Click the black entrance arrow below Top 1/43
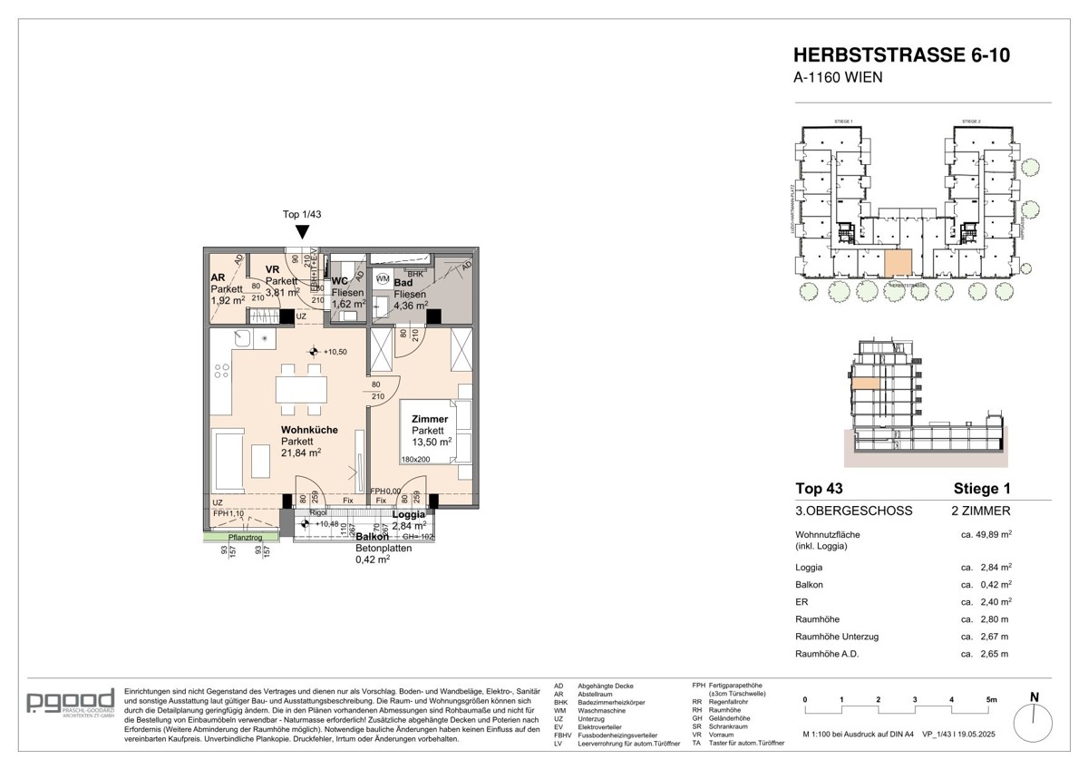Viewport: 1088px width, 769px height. (301, 231)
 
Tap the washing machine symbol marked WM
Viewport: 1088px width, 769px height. (383, 277)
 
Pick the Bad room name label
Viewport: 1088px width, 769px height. (403, 283)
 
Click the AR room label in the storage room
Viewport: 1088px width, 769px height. (218, 278)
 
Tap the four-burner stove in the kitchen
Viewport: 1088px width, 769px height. (220, 371)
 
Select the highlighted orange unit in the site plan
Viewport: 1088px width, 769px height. (897, 262)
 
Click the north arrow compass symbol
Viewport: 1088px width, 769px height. (1035, 723)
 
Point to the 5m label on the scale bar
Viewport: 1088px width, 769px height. (991, 700)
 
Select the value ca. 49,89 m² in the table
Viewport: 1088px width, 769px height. (986, 535)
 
